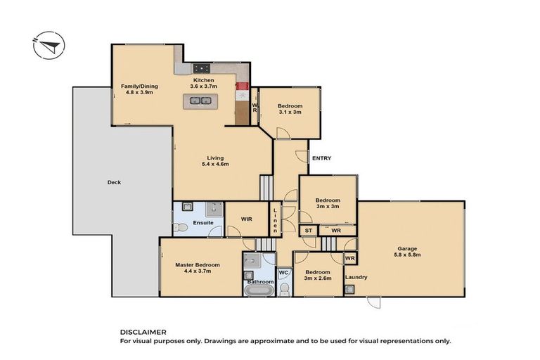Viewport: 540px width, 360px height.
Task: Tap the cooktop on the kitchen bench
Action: (x=202, y=68)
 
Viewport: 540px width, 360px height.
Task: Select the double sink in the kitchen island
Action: (x=198, y=101)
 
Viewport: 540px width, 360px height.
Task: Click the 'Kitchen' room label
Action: (x=204, y=80)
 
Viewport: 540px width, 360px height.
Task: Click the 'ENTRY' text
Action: (x=321, y=158)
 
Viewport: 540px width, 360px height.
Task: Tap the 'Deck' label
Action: (x=114, y=182)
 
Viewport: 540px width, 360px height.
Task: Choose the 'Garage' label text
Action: (x=407, y=248)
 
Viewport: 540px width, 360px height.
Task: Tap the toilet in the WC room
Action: (x=284, y=288)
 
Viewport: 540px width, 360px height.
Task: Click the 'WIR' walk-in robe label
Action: (x=247, y=219)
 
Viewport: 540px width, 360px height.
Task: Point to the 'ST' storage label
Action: (x=308, y=231)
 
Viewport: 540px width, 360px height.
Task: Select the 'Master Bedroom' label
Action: (x=198, y=264)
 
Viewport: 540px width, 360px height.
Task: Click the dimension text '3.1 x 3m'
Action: (x=290, y=112)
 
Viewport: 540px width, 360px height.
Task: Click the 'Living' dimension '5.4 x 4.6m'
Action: (x=215, y=164)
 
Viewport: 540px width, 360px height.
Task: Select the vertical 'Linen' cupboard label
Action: (x=278, y=219)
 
